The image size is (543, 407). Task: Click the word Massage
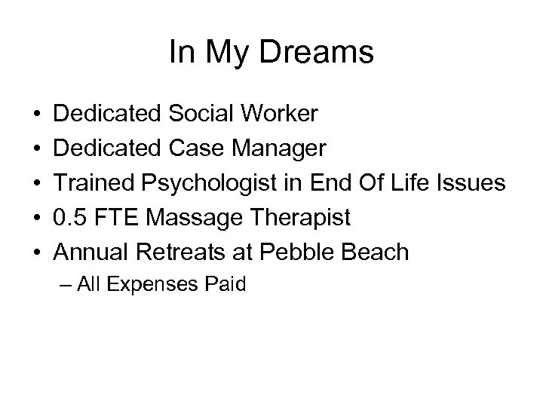pos(192,218)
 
